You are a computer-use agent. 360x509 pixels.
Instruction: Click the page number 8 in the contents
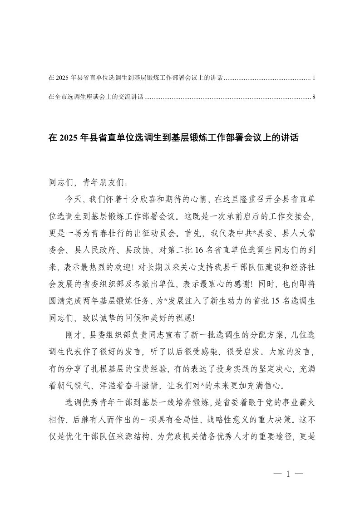(314, 97)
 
